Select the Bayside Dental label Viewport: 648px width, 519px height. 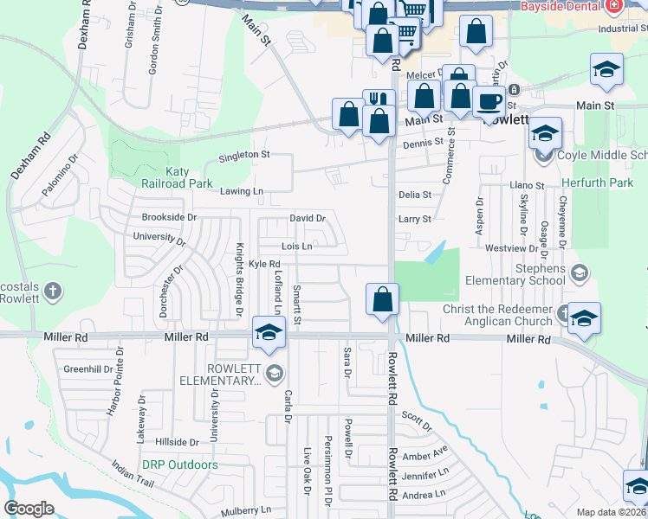[x=560, y=6]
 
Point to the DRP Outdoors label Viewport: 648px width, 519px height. [x=180, y=465]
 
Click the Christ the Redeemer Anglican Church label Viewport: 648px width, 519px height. [x=497, y=316]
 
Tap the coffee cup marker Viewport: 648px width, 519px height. [x=489, y=102]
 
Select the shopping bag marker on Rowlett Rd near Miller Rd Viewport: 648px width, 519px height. [x=382, y=300]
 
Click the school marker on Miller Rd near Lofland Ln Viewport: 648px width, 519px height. [x=269, y=332]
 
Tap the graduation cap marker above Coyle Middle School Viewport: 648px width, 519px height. [x=545, y=134]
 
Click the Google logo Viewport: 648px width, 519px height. [x=29, y=509]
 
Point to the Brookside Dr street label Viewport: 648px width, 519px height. [x=169, y=217]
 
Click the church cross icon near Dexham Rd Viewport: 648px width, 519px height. [x=52, y=292]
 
